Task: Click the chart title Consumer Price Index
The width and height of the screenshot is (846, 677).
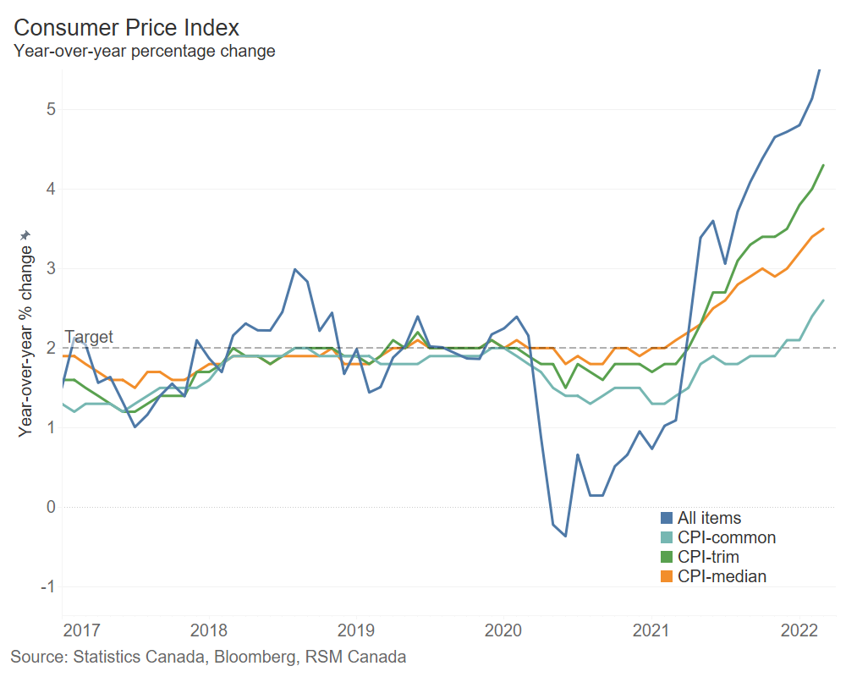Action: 127,27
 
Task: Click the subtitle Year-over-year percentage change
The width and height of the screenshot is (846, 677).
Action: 144,51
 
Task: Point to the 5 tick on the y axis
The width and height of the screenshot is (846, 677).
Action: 51,109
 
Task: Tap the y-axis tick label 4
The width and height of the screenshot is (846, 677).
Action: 51,189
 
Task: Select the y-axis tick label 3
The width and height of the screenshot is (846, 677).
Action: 51,268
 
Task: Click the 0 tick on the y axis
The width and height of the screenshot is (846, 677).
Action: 51,507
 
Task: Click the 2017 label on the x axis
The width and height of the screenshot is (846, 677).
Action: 82,630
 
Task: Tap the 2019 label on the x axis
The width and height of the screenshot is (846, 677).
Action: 356,630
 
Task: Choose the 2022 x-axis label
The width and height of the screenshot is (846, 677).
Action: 799,630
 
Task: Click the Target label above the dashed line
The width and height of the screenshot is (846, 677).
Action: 88,337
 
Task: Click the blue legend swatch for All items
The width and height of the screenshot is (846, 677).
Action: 667,518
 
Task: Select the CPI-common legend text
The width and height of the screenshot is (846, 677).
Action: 727,537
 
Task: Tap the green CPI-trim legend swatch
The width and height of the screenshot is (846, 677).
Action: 667,557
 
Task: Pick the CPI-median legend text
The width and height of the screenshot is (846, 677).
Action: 722,576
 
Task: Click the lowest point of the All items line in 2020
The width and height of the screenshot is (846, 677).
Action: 565,536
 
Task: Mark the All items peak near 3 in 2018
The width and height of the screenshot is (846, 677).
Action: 294,269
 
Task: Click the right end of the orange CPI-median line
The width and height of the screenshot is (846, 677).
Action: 823,228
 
